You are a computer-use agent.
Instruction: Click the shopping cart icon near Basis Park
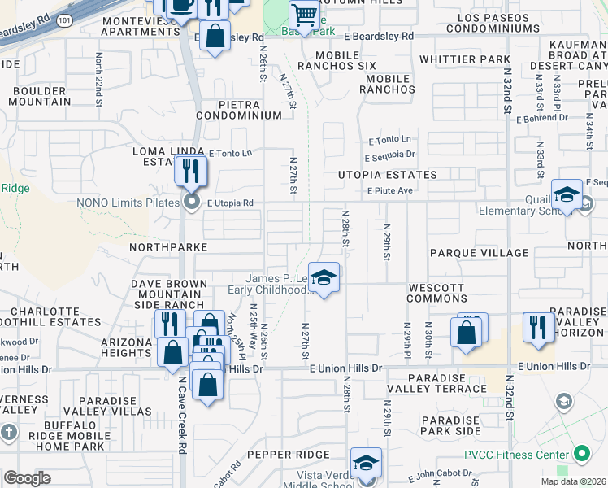[304, 15]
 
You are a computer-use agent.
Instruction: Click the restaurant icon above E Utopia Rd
[191, 171]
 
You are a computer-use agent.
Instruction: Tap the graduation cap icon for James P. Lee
[324, 277]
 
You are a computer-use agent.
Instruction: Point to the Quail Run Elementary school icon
[566, 195]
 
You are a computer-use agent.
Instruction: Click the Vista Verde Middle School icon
[366, 463]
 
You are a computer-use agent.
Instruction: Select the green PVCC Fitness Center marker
[580, 453]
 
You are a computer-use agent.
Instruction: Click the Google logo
[27, 478]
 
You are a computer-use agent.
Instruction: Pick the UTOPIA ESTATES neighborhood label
[388, 175]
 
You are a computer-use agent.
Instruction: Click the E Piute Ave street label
[390, 191]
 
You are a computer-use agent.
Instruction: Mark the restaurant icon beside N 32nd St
[538, 326]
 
